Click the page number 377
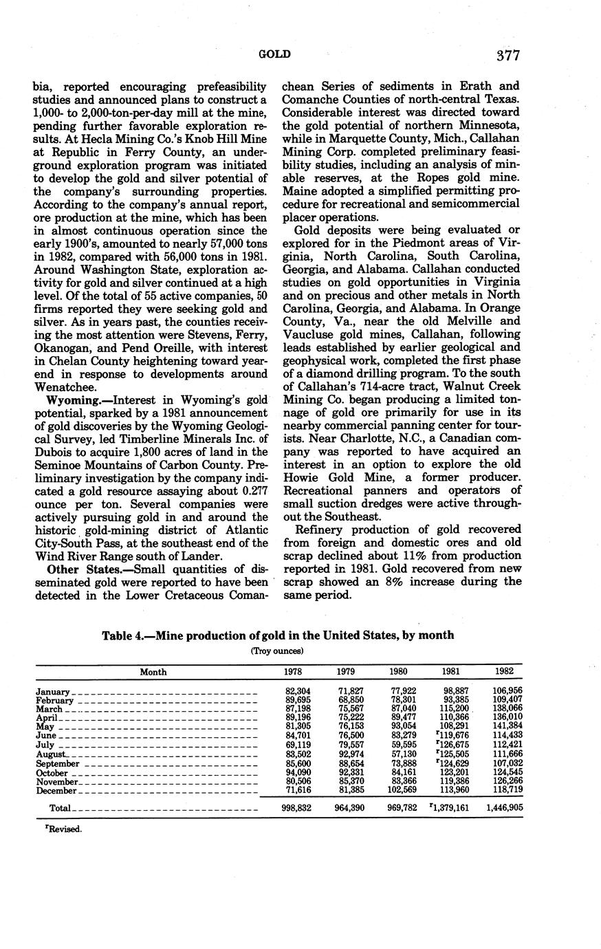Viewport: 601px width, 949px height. [505, 55]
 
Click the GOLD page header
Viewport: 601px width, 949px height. [274, 54]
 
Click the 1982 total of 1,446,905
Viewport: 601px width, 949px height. [504, 808]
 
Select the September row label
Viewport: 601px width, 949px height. [58, 763]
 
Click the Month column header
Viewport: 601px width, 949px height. [153, 672]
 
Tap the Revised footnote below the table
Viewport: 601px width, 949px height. [63, 829]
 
